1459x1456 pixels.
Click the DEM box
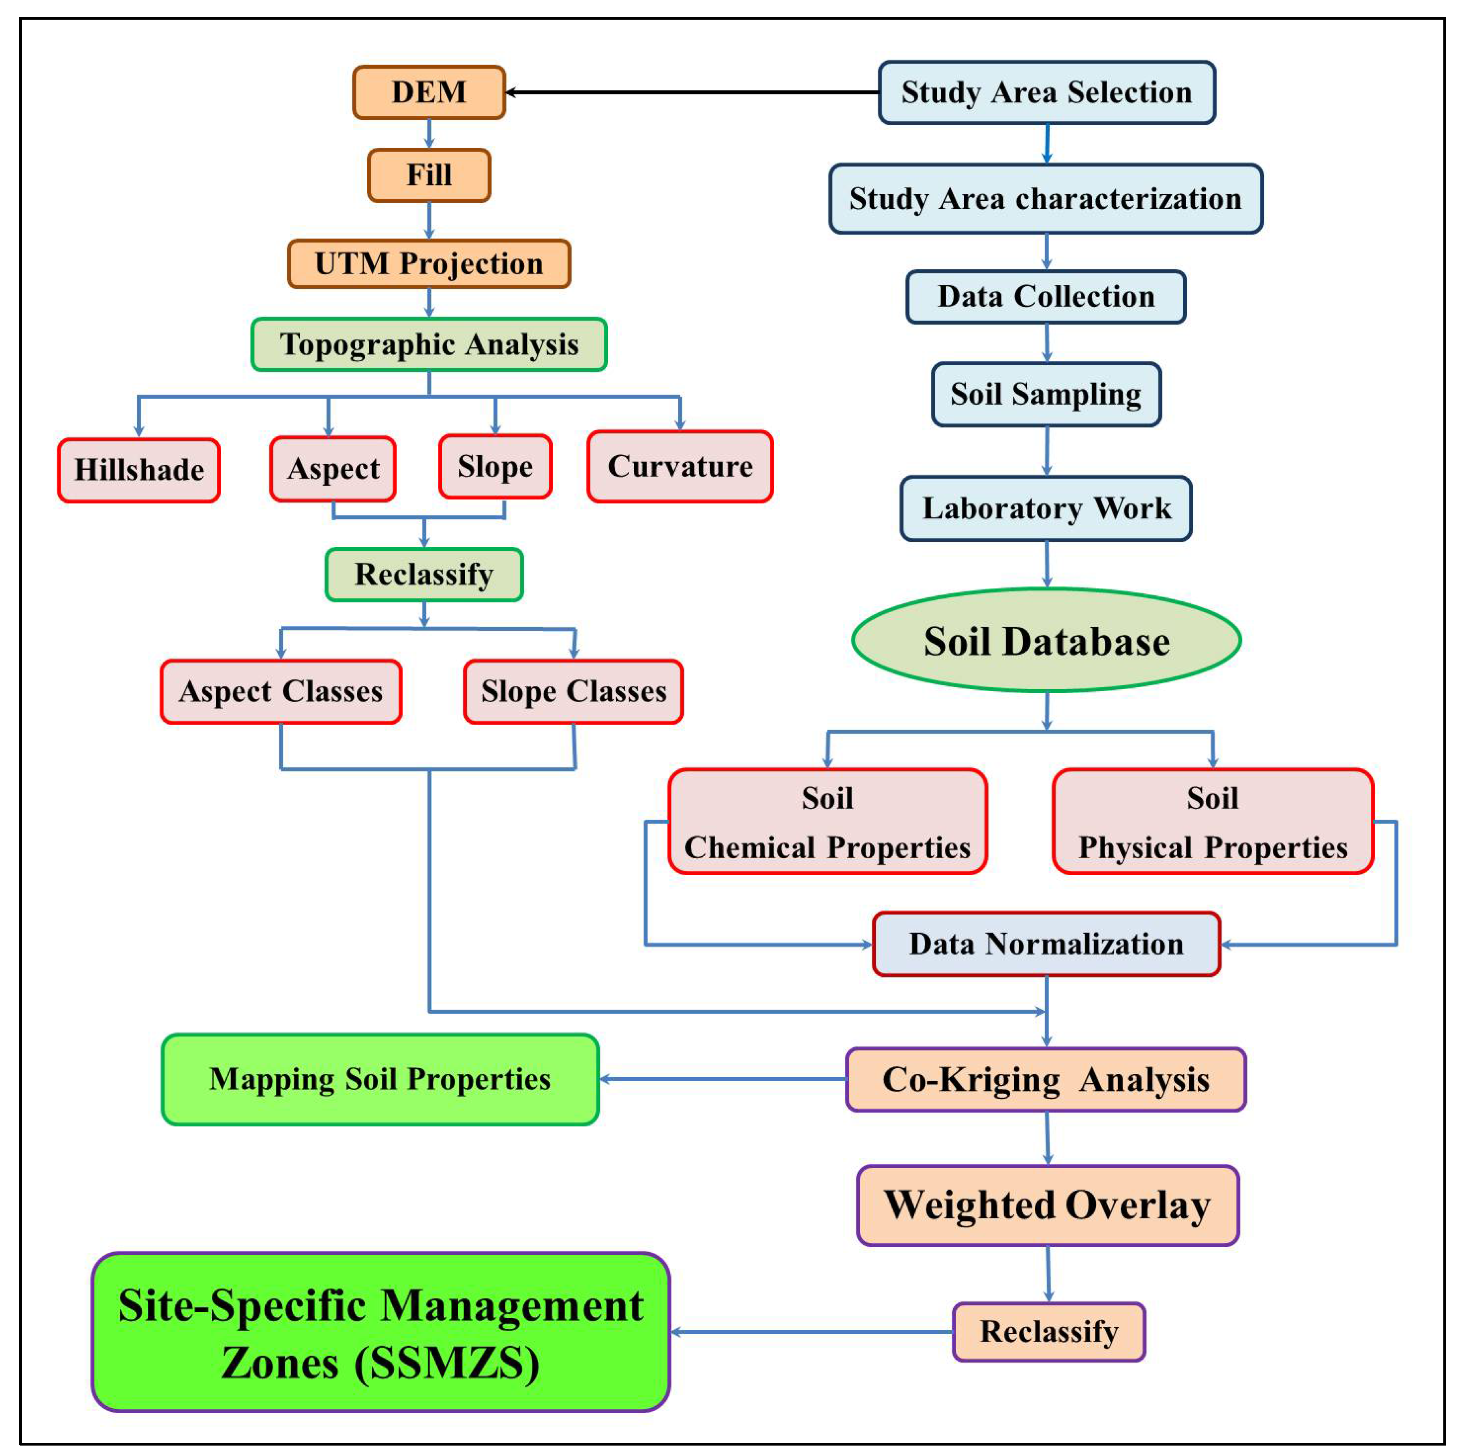pos(429,92)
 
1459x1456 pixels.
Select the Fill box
pos(429,175)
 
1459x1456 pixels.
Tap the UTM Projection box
pos(429,264)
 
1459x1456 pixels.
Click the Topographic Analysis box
pos(429,344)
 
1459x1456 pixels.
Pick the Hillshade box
pos(139,470)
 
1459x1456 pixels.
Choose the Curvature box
pos(680,467)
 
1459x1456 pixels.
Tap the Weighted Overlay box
pos(1048,1205)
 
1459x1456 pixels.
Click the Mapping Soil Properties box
pos(380,1079)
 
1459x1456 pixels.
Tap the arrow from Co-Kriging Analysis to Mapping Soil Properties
pos(723,1079)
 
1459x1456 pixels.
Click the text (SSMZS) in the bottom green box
pos(447,1364)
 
